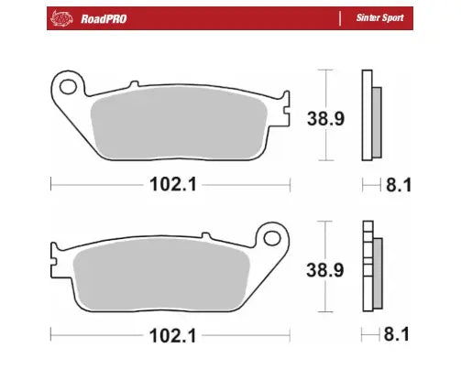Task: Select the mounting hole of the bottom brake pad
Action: click(x=270, y=238)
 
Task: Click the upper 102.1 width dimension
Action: click(x=170, y=184)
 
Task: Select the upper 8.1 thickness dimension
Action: click(x=400, y=184)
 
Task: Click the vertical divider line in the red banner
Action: click(x=341, y=17)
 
